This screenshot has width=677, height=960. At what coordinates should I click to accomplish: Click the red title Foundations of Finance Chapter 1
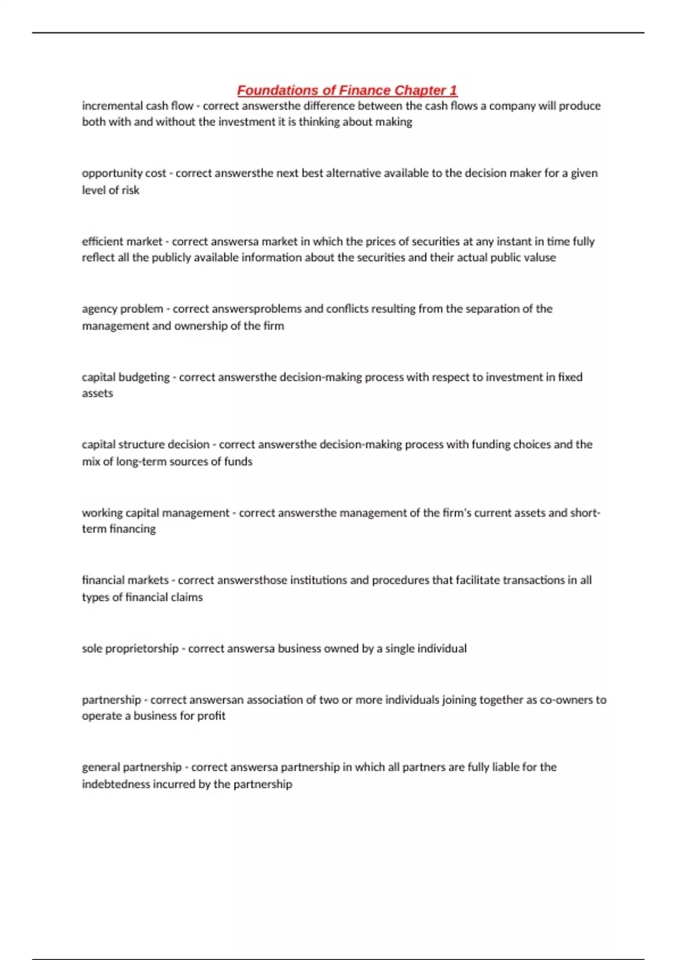point(347,90)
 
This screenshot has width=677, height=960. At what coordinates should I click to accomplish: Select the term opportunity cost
point(124,173)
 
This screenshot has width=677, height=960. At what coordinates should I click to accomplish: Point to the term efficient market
point(122,242)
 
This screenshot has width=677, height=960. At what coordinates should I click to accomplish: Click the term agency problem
point(122,309)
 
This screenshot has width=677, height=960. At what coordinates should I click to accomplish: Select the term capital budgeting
point(125,377)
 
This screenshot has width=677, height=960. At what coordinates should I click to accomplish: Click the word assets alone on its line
point(97,394)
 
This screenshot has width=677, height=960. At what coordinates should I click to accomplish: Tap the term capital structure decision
point(146,444)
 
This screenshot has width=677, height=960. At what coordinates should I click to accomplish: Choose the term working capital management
point(156,513)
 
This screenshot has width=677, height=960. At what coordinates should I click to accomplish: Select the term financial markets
point(125,580)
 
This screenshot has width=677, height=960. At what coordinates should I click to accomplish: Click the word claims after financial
point(186,597)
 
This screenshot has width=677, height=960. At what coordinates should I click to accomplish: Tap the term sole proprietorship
point(130,648)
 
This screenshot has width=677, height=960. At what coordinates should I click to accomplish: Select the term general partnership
point(131,767)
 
